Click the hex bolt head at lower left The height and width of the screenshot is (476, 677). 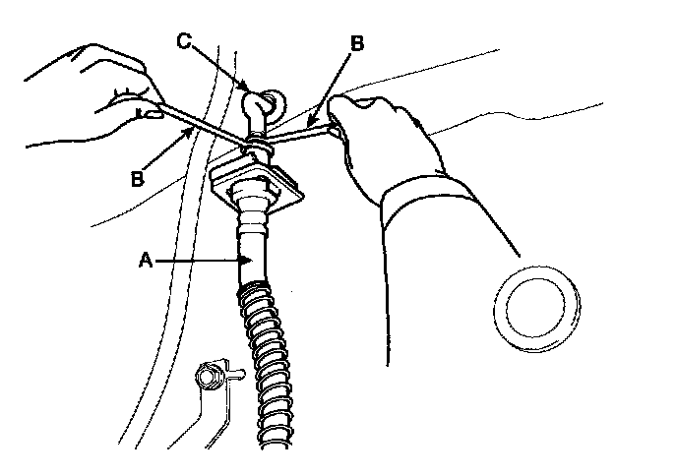(x=209, y=375)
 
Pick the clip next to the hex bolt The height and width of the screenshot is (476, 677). (x=232, y=371)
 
